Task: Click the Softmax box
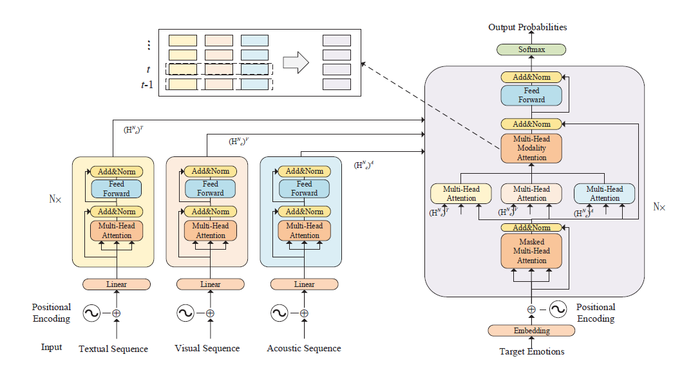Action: pyautogui.click(x=531, y=50)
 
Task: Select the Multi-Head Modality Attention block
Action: pyautogui.click(x=531, y=149)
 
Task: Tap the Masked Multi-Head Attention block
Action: pyautogui.click(x=531, y=252)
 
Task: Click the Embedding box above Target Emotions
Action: pyautogui.click(x=531, y=331)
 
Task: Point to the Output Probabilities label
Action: pyautogui.click(x=527, y=27)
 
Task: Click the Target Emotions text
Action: pyautogui.click(x=531, y=352)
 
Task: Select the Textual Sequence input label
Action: pyautogui.click(x=113, y=349)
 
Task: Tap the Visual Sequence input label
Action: pyautogui.click(x=207, y=348)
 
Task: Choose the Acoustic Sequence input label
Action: pyautogui.click(x=304, y=348)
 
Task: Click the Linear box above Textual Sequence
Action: pyautogui.click(x=117, y=284)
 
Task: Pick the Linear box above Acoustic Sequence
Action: pyautogui.click(x=305, y=284)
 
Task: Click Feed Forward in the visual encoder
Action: pyautogui.click(x=211, y=189)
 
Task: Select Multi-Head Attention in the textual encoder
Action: pyautogui.click(x=117, y=230)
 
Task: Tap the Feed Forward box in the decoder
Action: pyautogui.click(x=531, y=95)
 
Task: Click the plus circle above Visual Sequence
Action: pyautogui.click(x=210, y=313)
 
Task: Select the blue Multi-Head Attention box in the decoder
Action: pyautogui.click(x=604, y=194)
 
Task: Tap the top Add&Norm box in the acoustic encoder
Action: pyautogui.click(x=305, y=171)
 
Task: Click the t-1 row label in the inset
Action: pyautogui.click(x=147, y=84)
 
